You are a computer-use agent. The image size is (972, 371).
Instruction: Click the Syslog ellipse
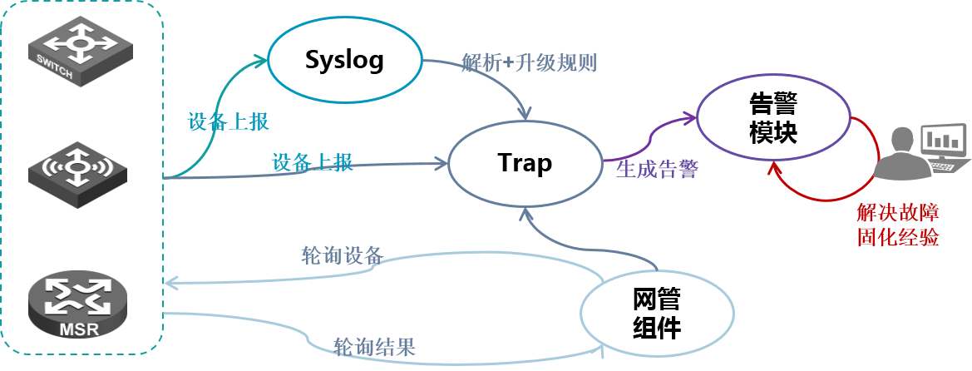pyautogui.click(x=345, y=61)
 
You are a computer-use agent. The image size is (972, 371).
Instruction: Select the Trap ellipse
pyautogui.click(x=525, y=163)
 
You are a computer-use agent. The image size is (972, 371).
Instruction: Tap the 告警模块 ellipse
pyautogui.click(x=772, y=117)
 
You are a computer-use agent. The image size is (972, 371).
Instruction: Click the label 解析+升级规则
pyautogui.click(x=529, y=62)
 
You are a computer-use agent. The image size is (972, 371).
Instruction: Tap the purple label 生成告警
pyautogui.click(x=658, y=170)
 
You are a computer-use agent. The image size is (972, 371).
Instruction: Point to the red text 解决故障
pyautogui.click(x=898, y=213)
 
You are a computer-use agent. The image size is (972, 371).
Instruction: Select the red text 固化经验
pyautogui.click(x=898, y=237)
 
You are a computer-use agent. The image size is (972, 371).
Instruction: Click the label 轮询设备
pyautogui.click(x=343, y=255)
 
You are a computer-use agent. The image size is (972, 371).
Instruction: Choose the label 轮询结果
pyautogui.click(x=374, y=347)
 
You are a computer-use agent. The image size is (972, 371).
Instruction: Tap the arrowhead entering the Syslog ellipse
pyautogui.click(x=262, y=60)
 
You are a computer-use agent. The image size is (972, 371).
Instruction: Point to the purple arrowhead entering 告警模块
pyautogui.click(x=693, y=116)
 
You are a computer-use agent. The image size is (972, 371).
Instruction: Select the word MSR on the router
pyautogui.click(x=79, y=329)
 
